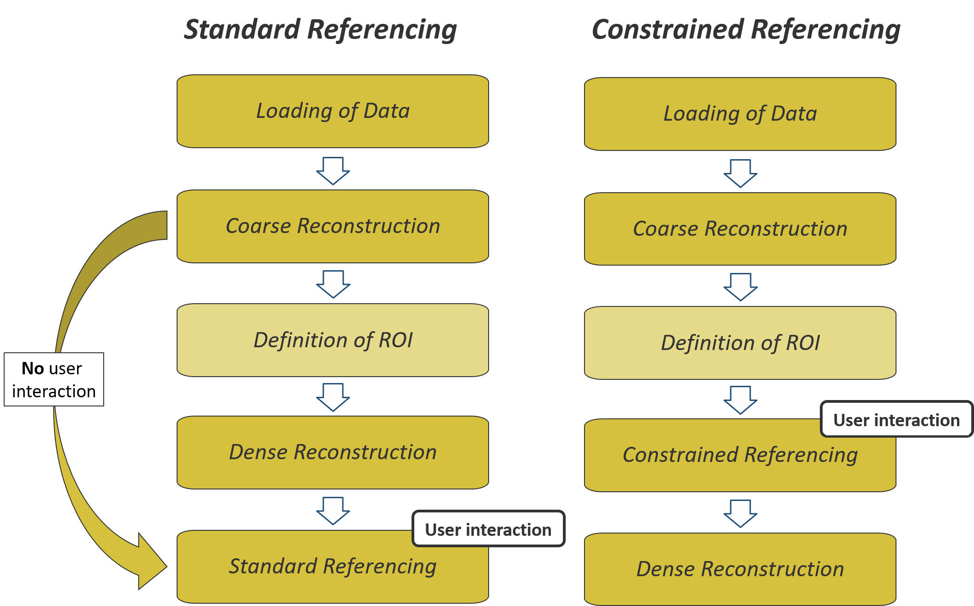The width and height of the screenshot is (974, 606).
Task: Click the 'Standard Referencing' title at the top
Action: (x=320, y=30)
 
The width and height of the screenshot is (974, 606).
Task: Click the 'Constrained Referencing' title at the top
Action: (x=746, y=30)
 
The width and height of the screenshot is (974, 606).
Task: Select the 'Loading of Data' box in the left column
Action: (x=333, y=111)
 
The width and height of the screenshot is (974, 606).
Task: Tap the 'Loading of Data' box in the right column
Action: (x=740, y=114)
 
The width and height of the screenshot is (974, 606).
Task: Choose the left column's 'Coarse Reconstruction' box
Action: (x=333, y=226)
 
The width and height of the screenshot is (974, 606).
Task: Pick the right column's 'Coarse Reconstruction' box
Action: (x=740, y=229)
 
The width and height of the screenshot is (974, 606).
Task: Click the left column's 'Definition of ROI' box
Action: (x=333, y=340)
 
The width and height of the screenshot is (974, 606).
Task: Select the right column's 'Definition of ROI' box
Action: (x=740, y=343)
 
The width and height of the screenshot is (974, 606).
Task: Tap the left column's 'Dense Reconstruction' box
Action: (x=333, y=452)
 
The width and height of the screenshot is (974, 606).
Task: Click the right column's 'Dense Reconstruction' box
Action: (x=740, y=569)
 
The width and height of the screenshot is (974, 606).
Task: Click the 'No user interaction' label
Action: (x=54, y=379)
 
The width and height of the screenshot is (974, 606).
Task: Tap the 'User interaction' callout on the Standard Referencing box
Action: (x=489, y=529)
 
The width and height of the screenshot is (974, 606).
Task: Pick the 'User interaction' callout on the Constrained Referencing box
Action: (x=896, y=419)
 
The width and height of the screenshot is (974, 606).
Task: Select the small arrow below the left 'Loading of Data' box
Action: (x=333, y=171)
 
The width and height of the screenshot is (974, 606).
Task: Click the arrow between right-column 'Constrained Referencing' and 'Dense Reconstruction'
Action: (x=740, y=514)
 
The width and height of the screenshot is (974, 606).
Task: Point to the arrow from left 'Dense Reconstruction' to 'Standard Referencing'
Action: (x=333, y=511)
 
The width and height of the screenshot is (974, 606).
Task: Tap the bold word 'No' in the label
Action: (x=33, y=368)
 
